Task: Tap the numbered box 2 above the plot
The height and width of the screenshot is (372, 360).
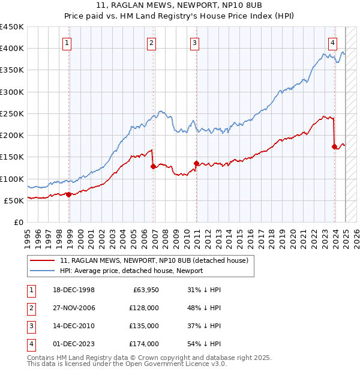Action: [x=152, y=43]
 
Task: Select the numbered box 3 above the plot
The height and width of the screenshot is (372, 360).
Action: [x=196, y=43]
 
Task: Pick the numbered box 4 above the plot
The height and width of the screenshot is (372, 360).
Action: [x=332, y=43]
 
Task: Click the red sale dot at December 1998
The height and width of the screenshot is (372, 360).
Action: [x=69, y=194]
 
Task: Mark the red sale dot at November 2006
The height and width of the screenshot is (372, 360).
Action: [x=154, y=167]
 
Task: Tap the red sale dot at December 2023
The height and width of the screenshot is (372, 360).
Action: [x=334, y=146]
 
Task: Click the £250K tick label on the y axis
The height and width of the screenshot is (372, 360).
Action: [x=12, y=113]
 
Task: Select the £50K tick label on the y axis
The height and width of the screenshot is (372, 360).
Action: [x=14, y=200]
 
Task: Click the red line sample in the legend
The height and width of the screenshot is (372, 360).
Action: [x=43, y=260]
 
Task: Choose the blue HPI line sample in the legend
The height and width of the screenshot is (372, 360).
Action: [x=43, y=271]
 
